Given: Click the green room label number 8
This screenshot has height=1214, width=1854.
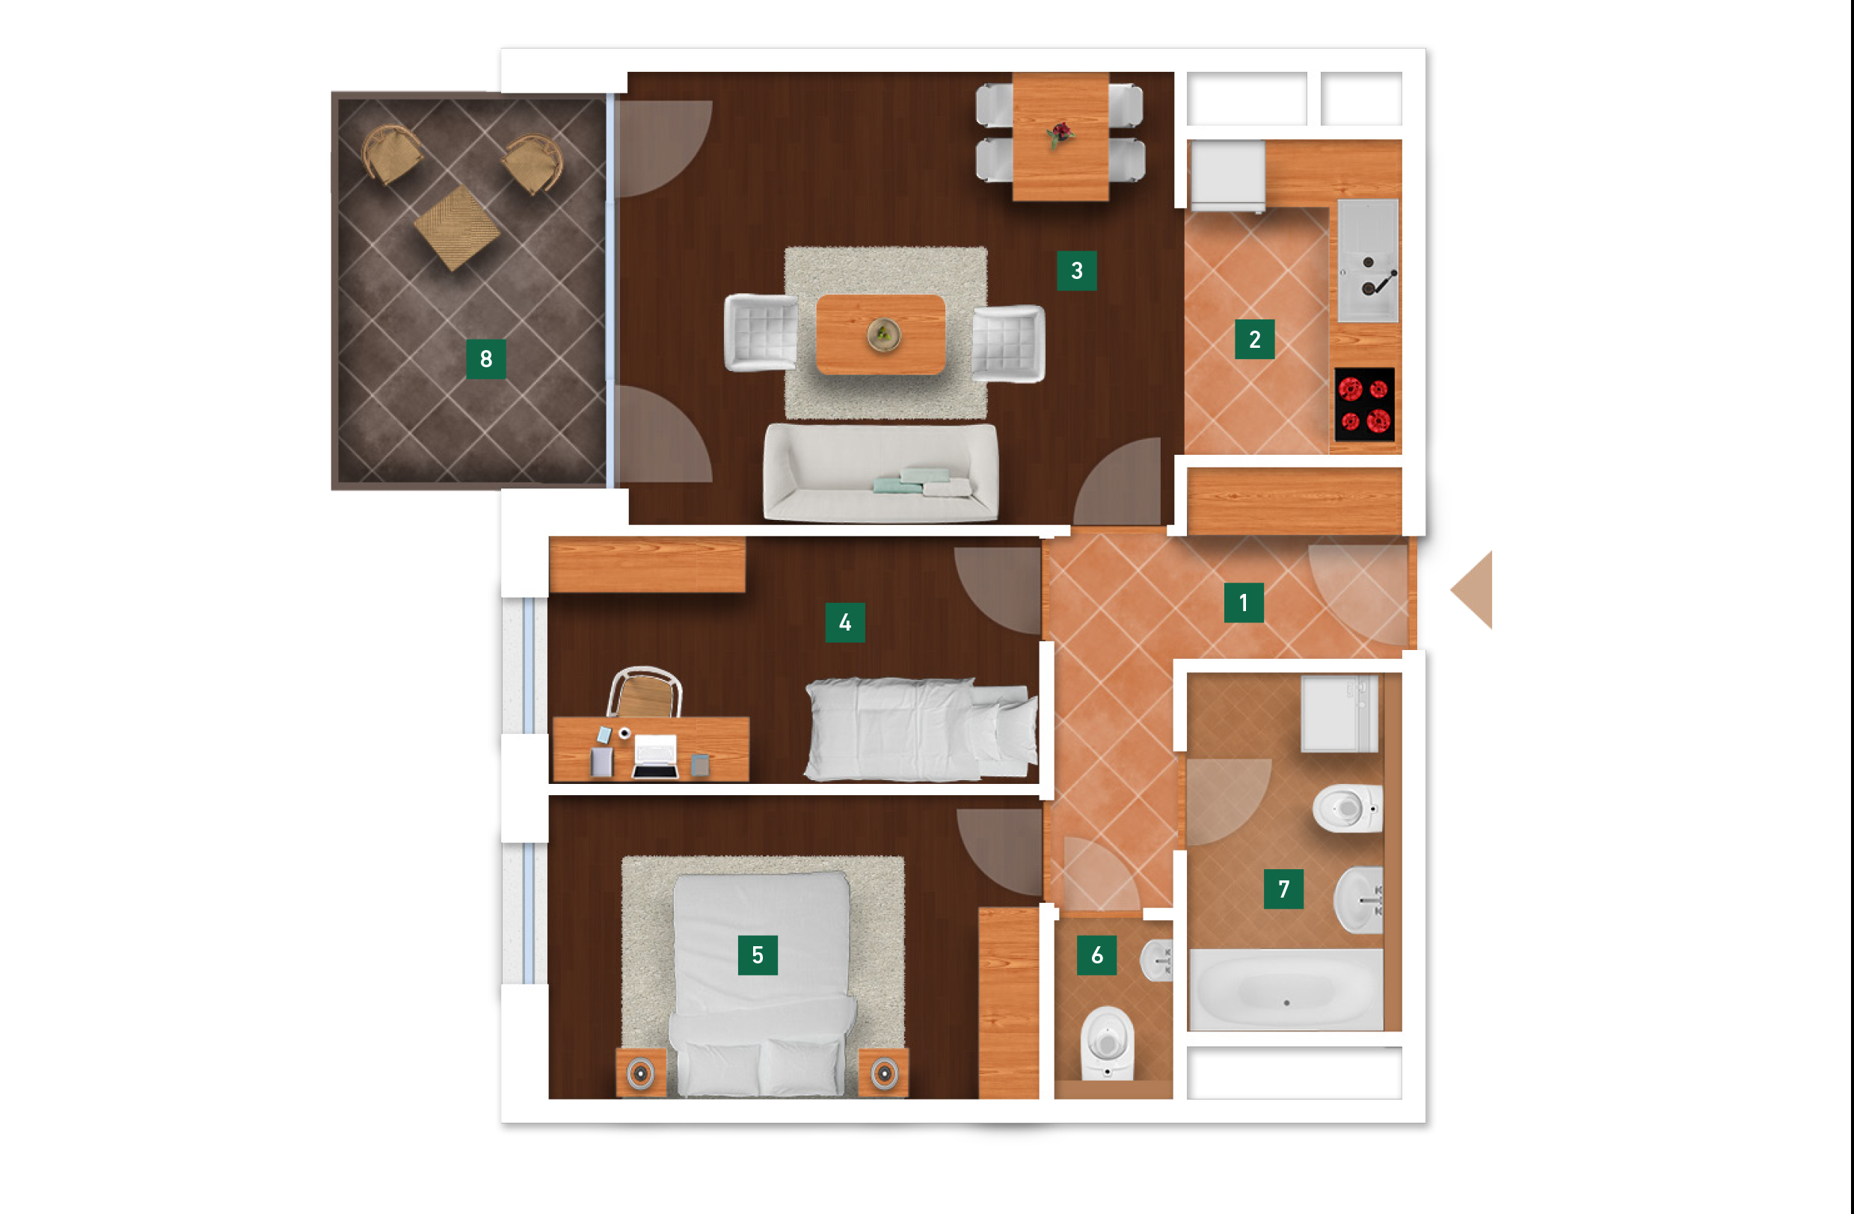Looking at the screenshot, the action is click(486, 358).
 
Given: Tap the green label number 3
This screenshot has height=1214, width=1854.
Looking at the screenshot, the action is click(1076, 270).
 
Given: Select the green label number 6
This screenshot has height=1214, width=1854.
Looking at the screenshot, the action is click(1097, 955).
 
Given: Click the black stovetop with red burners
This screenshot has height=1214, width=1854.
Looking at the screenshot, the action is click(1365, 405).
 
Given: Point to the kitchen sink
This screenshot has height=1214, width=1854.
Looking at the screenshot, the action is click(1368, 260).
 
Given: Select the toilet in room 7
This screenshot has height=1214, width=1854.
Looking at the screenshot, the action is click(1348, 809).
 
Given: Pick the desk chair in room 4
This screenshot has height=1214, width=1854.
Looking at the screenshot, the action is click(644, 691).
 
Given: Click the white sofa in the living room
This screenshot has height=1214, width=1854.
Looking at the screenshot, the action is click(881, 472).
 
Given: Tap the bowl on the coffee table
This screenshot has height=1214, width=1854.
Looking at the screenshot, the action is click(883, 335).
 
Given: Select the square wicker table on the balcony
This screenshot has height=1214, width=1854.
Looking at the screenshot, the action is click(456, 227).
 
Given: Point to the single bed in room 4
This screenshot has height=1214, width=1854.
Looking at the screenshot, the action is click(921, 729).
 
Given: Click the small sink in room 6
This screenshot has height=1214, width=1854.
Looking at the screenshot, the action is click(1156, 960).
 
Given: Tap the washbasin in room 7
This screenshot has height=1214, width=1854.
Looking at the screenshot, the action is click(1359, 900).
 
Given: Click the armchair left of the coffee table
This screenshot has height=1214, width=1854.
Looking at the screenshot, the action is click(761, 333).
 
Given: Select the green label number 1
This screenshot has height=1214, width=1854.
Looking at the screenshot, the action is click(1244, 602).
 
